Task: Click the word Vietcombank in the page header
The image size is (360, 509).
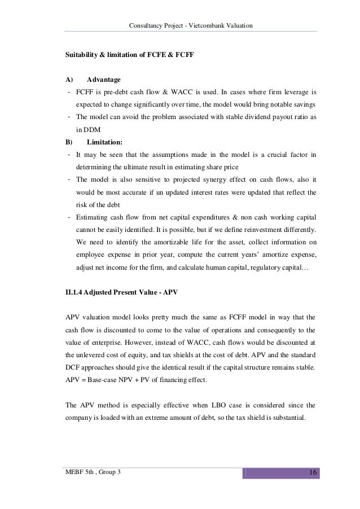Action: [x=209, y=25]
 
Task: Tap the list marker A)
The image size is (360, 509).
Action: [x=70, y=79]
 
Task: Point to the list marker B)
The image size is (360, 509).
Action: [x=70, y=142]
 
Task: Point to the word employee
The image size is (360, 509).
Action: [x=93, y=254]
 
